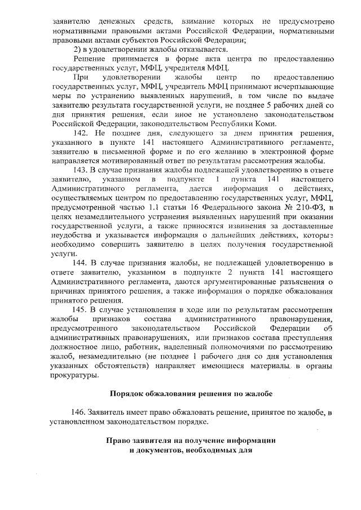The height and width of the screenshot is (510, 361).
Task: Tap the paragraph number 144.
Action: point(85,263)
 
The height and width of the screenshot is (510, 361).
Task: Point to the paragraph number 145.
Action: point(85,309)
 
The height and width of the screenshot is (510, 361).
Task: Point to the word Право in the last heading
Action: point(120,440)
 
